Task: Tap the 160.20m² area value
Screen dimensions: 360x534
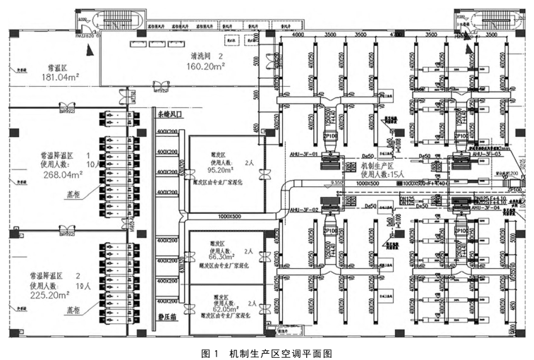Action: [205, 68]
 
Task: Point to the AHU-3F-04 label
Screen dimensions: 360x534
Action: [487, 209]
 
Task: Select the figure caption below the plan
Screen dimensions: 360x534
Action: [266, 352]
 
